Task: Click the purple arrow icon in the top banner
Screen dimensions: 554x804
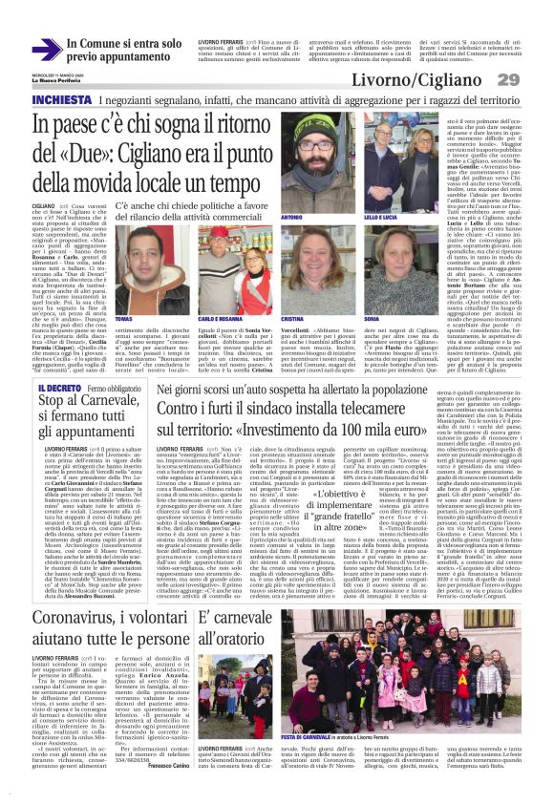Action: coord(47,50)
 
